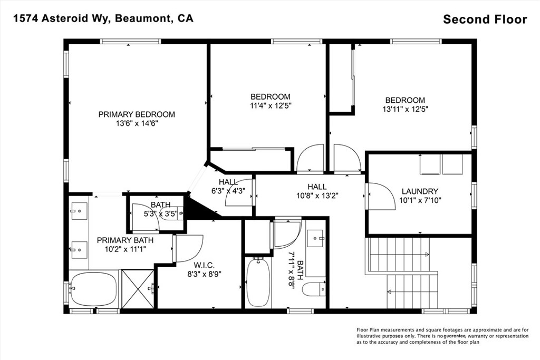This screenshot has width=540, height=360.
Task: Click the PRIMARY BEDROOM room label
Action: click(137, 114)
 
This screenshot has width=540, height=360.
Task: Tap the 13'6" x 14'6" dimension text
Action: click(137, 123)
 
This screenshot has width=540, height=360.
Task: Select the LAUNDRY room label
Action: click(420, 191)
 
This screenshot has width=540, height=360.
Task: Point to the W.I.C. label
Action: click(204, 265)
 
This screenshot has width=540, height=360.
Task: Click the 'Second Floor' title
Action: click(485, 20)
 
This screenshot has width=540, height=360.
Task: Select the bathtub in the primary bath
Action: click(93, 289)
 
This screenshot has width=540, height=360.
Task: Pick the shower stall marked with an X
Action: click(138, 289)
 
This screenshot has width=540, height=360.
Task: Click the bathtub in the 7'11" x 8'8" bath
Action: click(258, 282)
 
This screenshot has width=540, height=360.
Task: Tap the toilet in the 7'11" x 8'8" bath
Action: click(314, 289)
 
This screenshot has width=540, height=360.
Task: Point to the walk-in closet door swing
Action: click(189, 248)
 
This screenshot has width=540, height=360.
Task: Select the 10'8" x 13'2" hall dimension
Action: click(317, 196)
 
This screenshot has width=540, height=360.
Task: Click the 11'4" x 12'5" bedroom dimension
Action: click(271, 105)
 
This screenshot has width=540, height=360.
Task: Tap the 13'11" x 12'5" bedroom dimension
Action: click(405, 109)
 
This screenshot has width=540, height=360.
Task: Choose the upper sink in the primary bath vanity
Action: click(79, 211)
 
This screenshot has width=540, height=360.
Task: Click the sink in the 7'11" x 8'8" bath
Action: click(315, 239)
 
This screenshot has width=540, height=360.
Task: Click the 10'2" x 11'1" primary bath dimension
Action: click(125, 249)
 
